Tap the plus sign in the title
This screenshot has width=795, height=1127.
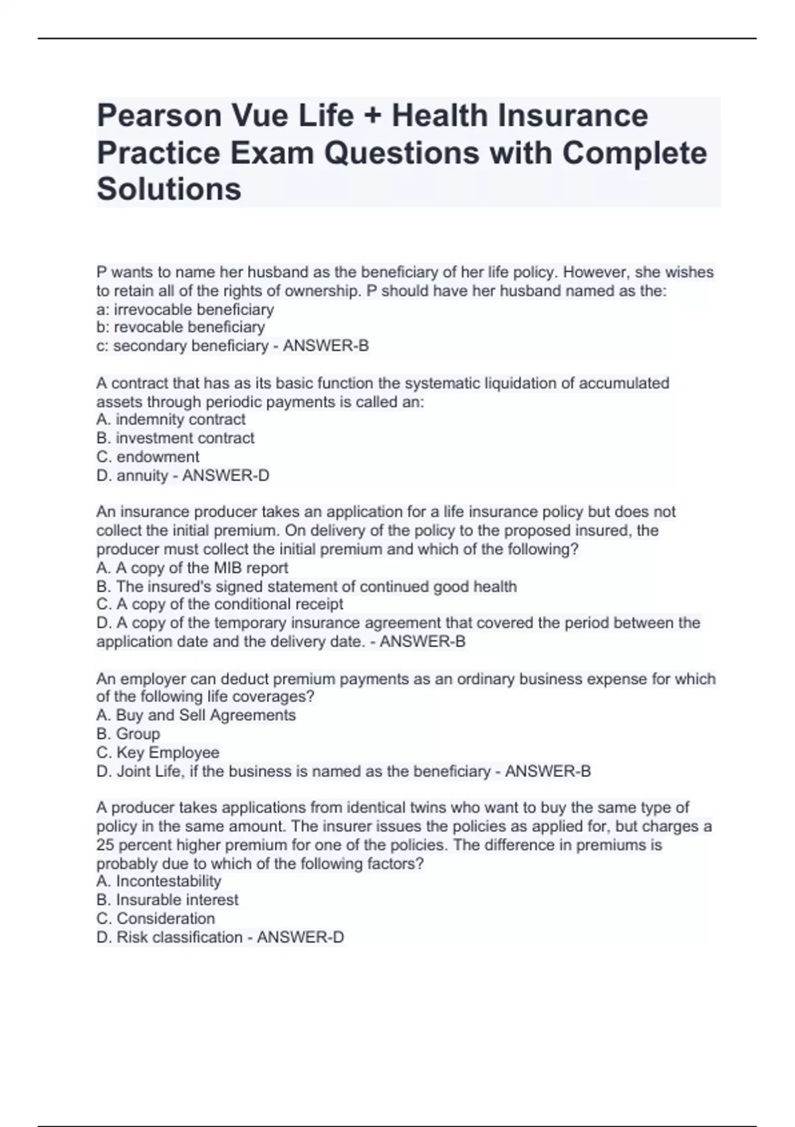click(x=373, y=117)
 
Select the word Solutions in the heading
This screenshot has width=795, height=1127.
click(x=169, y=189)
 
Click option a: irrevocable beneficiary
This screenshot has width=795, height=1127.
click(x=185, y=310)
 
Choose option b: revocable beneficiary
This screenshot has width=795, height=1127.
click(x=180, y=327)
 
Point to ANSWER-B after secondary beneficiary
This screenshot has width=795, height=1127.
click(x=325, y=346)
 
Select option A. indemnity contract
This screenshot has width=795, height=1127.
click(x=171, y=420)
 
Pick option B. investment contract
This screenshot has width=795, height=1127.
click(x=176, y=438)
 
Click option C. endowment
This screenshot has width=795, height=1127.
click(x=148, y=457)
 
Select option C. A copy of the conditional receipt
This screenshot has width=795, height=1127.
click(x=220, y=605)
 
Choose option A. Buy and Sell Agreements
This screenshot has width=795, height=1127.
click(x=196, y=715)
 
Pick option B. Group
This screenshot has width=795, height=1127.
click(x=129, y=734)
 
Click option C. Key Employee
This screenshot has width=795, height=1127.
click(x=158, y=752)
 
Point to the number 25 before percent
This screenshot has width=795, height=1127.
click(x=105, y=845)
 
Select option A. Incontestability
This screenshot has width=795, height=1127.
click(x=159, y=881)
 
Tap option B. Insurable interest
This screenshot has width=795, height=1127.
click(x=168, y=900)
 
